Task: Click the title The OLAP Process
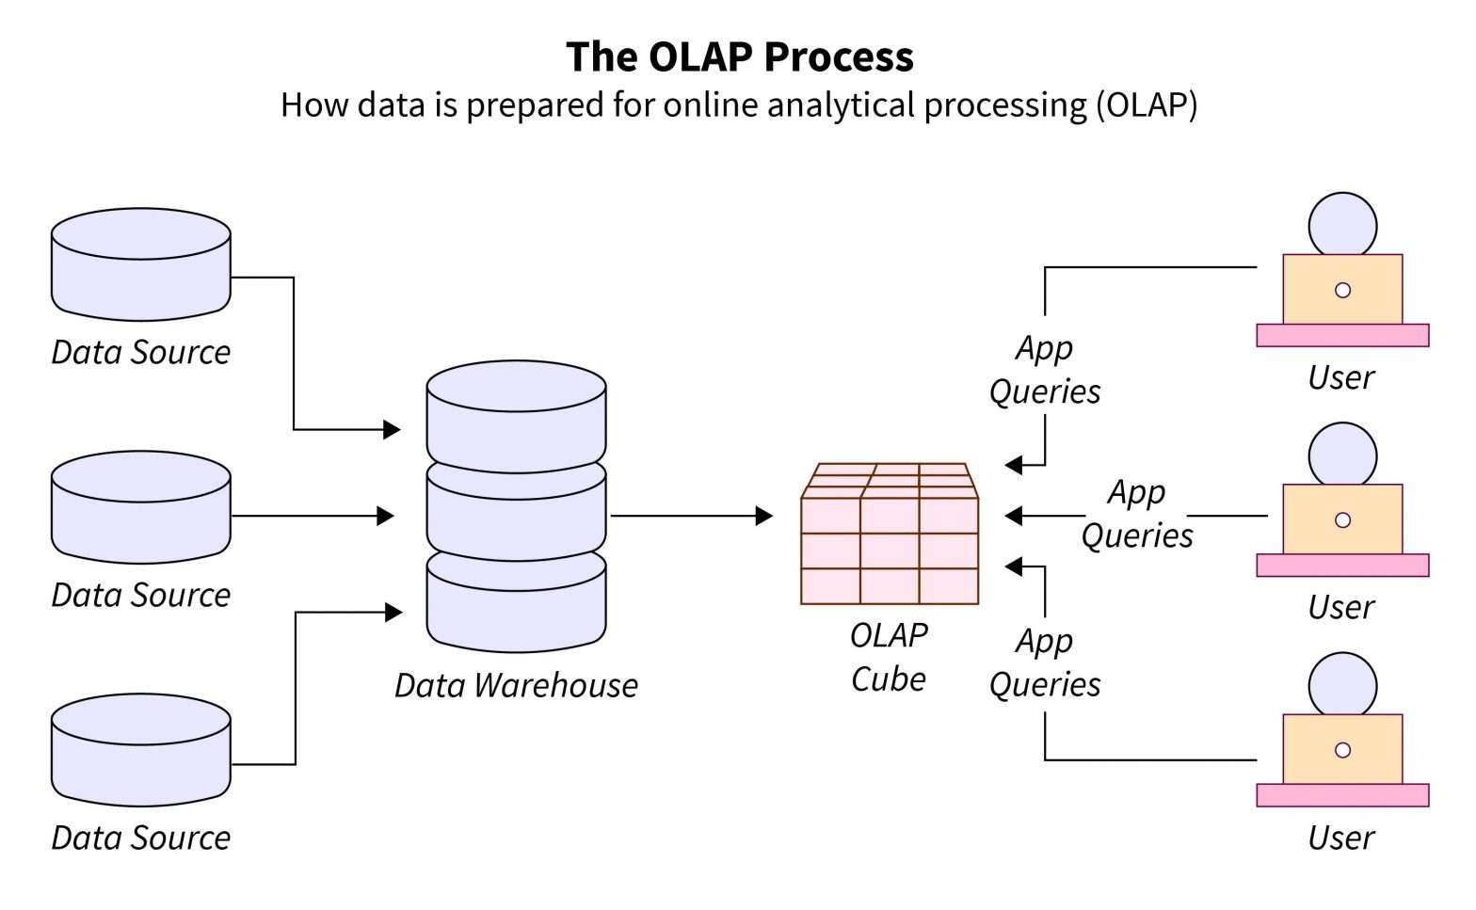739,56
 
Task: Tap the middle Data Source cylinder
141,507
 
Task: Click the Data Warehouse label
516,685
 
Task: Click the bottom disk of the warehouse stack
516,607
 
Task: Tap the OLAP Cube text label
889,657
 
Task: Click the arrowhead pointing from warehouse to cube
764,516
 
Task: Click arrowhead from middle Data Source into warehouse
385,516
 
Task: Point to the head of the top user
1342,226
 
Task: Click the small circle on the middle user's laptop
1343,520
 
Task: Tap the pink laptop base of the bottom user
1342,795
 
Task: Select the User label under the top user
1341,377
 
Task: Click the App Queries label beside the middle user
1137,514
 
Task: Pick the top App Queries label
1045,370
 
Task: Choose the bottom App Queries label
1045,663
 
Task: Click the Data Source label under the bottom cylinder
141,838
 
